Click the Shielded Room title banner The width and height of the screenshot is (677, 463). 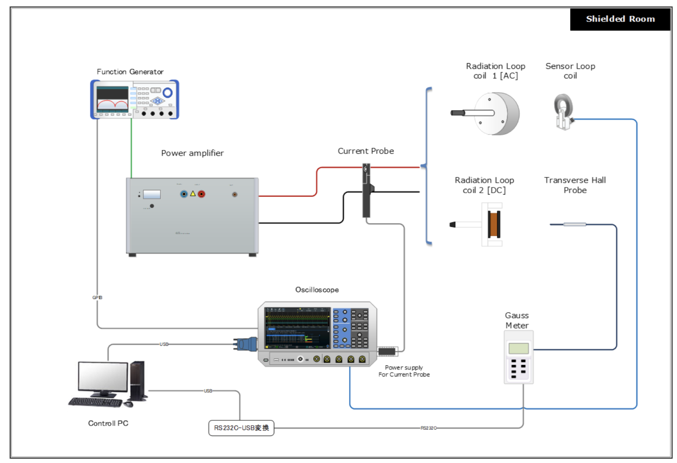pyautogui.click(x=620, y=19)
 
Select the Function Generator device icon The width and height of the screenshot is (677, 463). pyautogui.click(x=134, y=100)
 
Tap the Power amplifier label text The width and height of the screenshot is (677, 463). pyautogui.click(x=192, y=153)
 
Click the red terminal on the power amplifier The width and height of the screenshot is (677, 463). pyautogui.click(x=201, y=194)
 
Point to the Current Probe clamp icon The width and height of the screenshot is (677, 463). pyautogui.click(x=366, y=191)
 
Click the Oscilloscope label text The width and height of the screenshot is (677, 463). pyautogui.click(x=317, y=290)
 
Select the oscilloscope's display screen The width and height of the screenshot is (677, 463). pyautogui.click(x=297, y=327)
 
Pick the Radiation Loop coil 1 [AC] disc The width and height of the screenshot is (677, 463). pyautogui.click(x=497, y=113)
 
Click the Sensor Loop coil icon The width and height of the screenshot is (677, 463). pyautogui.click(x=564, y=111)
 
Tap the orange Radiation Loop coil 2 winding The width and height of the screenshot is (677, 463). pyautogui.click(x=494, y=224)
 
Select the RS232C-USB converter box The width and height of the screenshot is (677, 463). pyautogui.click(x=241, y=428)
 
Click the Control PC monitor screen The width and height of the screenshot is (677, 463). pyautogui.click(x=103, y=376)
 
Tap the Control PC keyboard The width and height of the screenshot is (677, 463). pyautogui.click(x=95, y=402)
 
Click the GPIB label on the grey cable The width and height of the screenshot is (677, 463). pyautogui.click(x=97, y=297)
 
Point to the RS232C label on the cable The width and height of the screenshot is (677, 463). pyautogui.click(x=428, y=428)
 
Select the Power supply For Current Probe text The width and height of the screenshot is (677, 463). pyautogui.click(x=404, y=371)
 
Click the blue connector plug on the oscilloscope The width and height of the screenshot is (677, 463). pyautogui.click(x=246, y=344)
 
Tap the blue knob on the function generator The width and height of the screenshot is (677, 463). pyautogui.click(x=167, y=93)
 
